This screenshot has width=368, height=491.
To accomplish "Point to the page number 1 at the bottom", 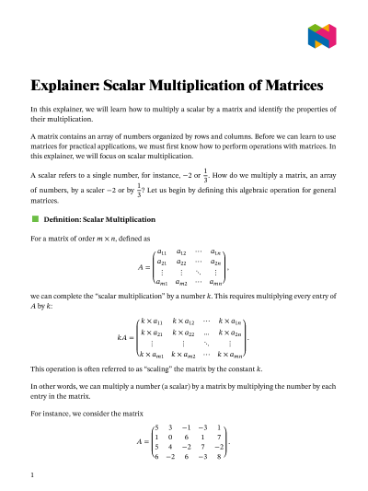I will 32,474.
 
